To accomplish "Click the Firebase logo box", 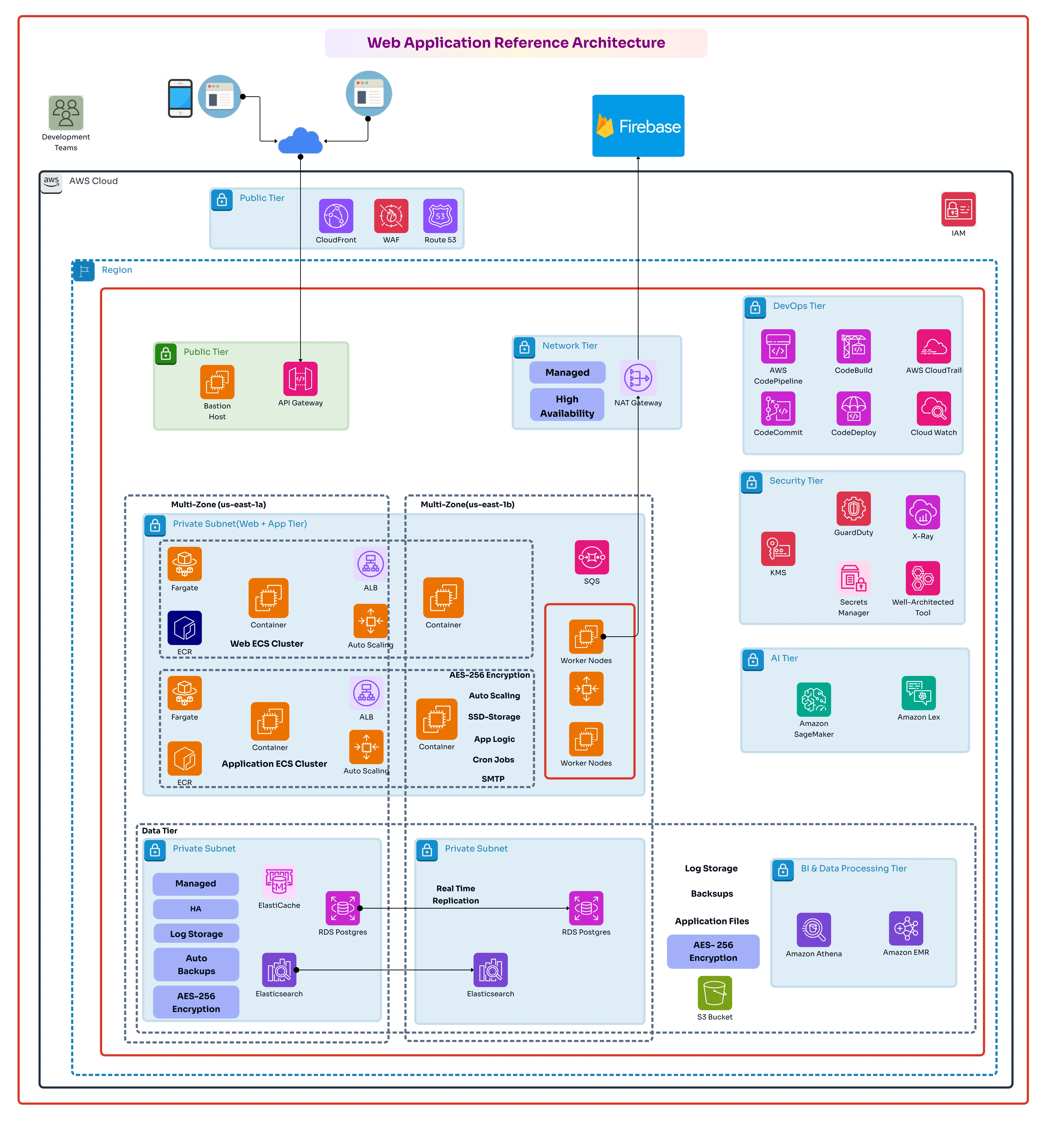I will [638, 126].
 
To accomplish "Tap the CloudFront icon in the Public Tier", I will [336, 216].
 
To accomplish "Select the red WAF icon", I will [391, 216].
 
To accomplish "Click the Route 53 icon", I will [440, 216].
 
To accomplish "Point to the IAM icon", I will [958, 209].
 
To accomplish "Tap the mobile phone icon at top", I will [180, 98].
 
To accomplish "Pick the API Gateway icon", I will [300, 379].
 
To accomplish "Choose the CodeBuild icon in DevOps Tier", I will [853, 346].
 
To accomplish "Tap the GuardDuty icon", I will [853, 508].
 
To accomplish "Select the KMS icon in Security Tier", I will [778, 549].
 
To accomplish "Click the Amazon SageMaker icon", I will [814, 700].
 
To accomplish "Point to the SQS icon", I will [592, 557].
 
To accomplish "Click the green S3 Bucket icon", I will [715, 993].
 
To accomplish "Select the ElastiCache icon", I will [279, 881].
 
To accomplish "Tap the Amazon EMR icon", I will [906, 928].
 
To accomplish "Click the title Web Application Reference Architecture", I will [516, 43].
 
